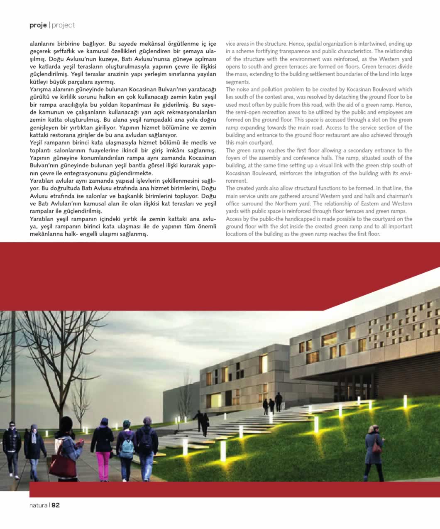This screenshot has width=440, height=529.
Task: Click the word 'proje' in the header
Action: pos(38,25)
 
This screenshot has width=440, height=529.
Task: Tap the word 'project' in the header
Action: pos(64,25)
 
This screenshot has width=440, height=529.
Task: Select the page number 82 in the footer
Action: pos(56,505)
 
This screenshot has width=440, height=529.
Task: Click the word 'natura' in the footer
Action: pos(38,505)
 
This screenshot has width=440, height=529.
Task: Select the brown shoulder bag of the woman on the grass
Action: pos(377,448)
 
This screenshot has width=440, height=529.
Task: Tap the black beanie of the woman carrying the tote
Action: pos(66,423)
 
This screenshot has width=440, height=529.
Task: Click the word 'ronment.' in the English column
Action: pos(236,181)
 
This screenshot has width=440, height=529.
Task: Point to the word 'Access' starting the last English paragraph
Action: pos(234,219)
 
